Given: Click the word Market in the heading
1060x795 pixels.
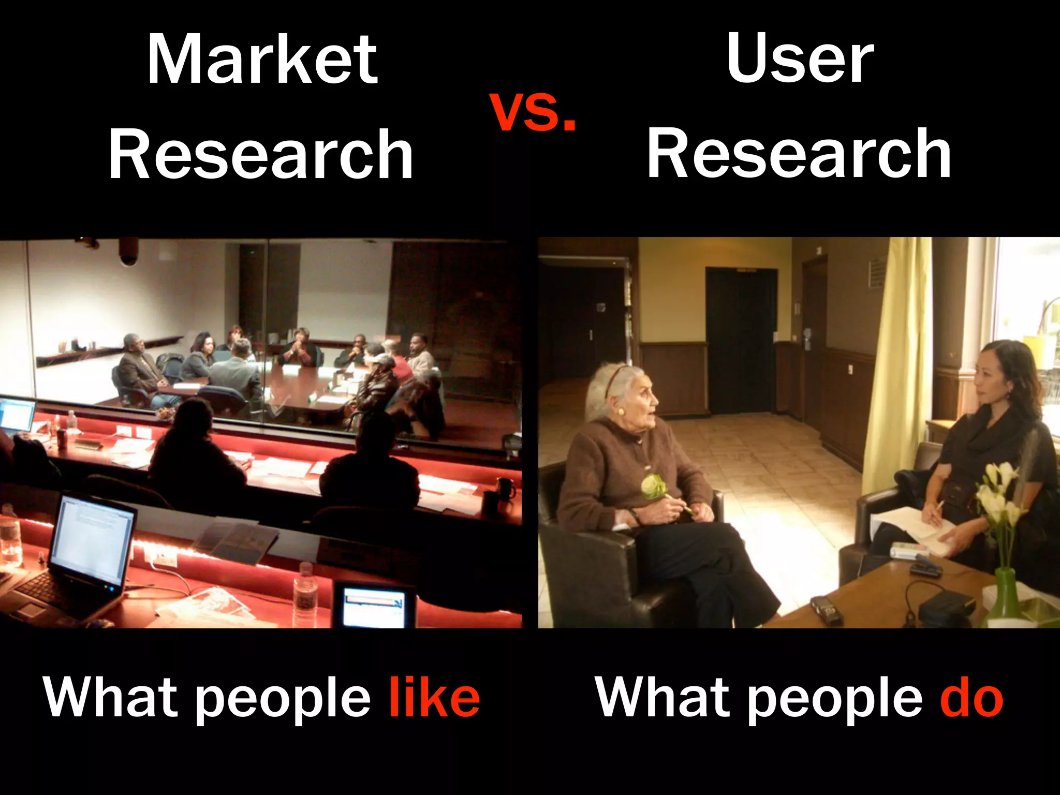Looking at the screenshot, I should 262,60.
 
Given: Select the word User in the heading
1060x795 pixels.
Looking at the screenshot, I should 800,58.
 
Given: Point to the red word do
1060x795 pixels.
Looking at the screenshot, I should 971,698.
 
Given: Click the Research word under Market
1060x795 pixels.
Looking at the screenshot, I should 261,154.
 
